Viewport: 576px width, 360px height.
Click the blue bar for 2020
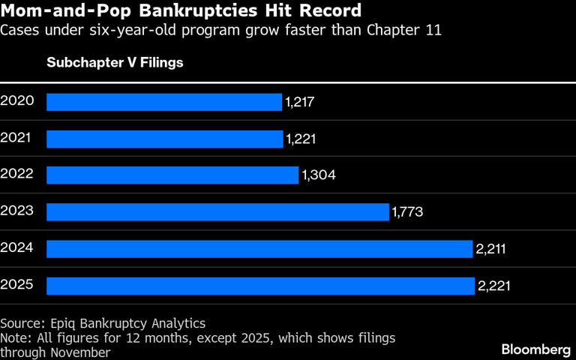(x=164, y=102)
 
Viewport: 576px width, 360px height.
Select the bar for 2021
(x=165, y=139)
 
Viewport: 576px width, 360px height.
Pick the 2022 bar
(x=172, y=175)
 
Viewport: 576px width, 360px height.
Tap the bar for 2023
(x=217, y=212)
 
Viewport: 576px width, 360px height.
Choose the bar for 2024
(x=259, y=249)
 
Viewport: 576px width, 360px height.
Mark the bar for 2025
(x=260, y=286)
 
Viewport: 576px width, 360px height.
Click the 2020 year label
(x=17, y=100)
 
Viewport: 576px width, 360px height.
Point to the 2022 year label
(x=17, y=173)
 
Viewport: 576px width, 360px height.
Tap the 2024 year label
(x=17, y=247)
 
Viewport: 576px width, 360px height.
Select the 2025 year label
(x=17, y=283)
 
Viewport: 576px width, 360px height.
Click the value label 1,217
(x=300, y=102)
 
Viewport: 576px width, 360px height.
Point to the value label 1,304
(x=318, y=175)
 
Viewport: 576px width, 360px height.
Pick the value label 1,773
(x=408, y=212)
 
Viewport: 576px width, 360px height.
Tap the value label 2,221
(x=493, y=286)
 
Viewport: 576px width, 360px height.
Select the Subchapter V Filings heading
(x=115, y=63)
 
